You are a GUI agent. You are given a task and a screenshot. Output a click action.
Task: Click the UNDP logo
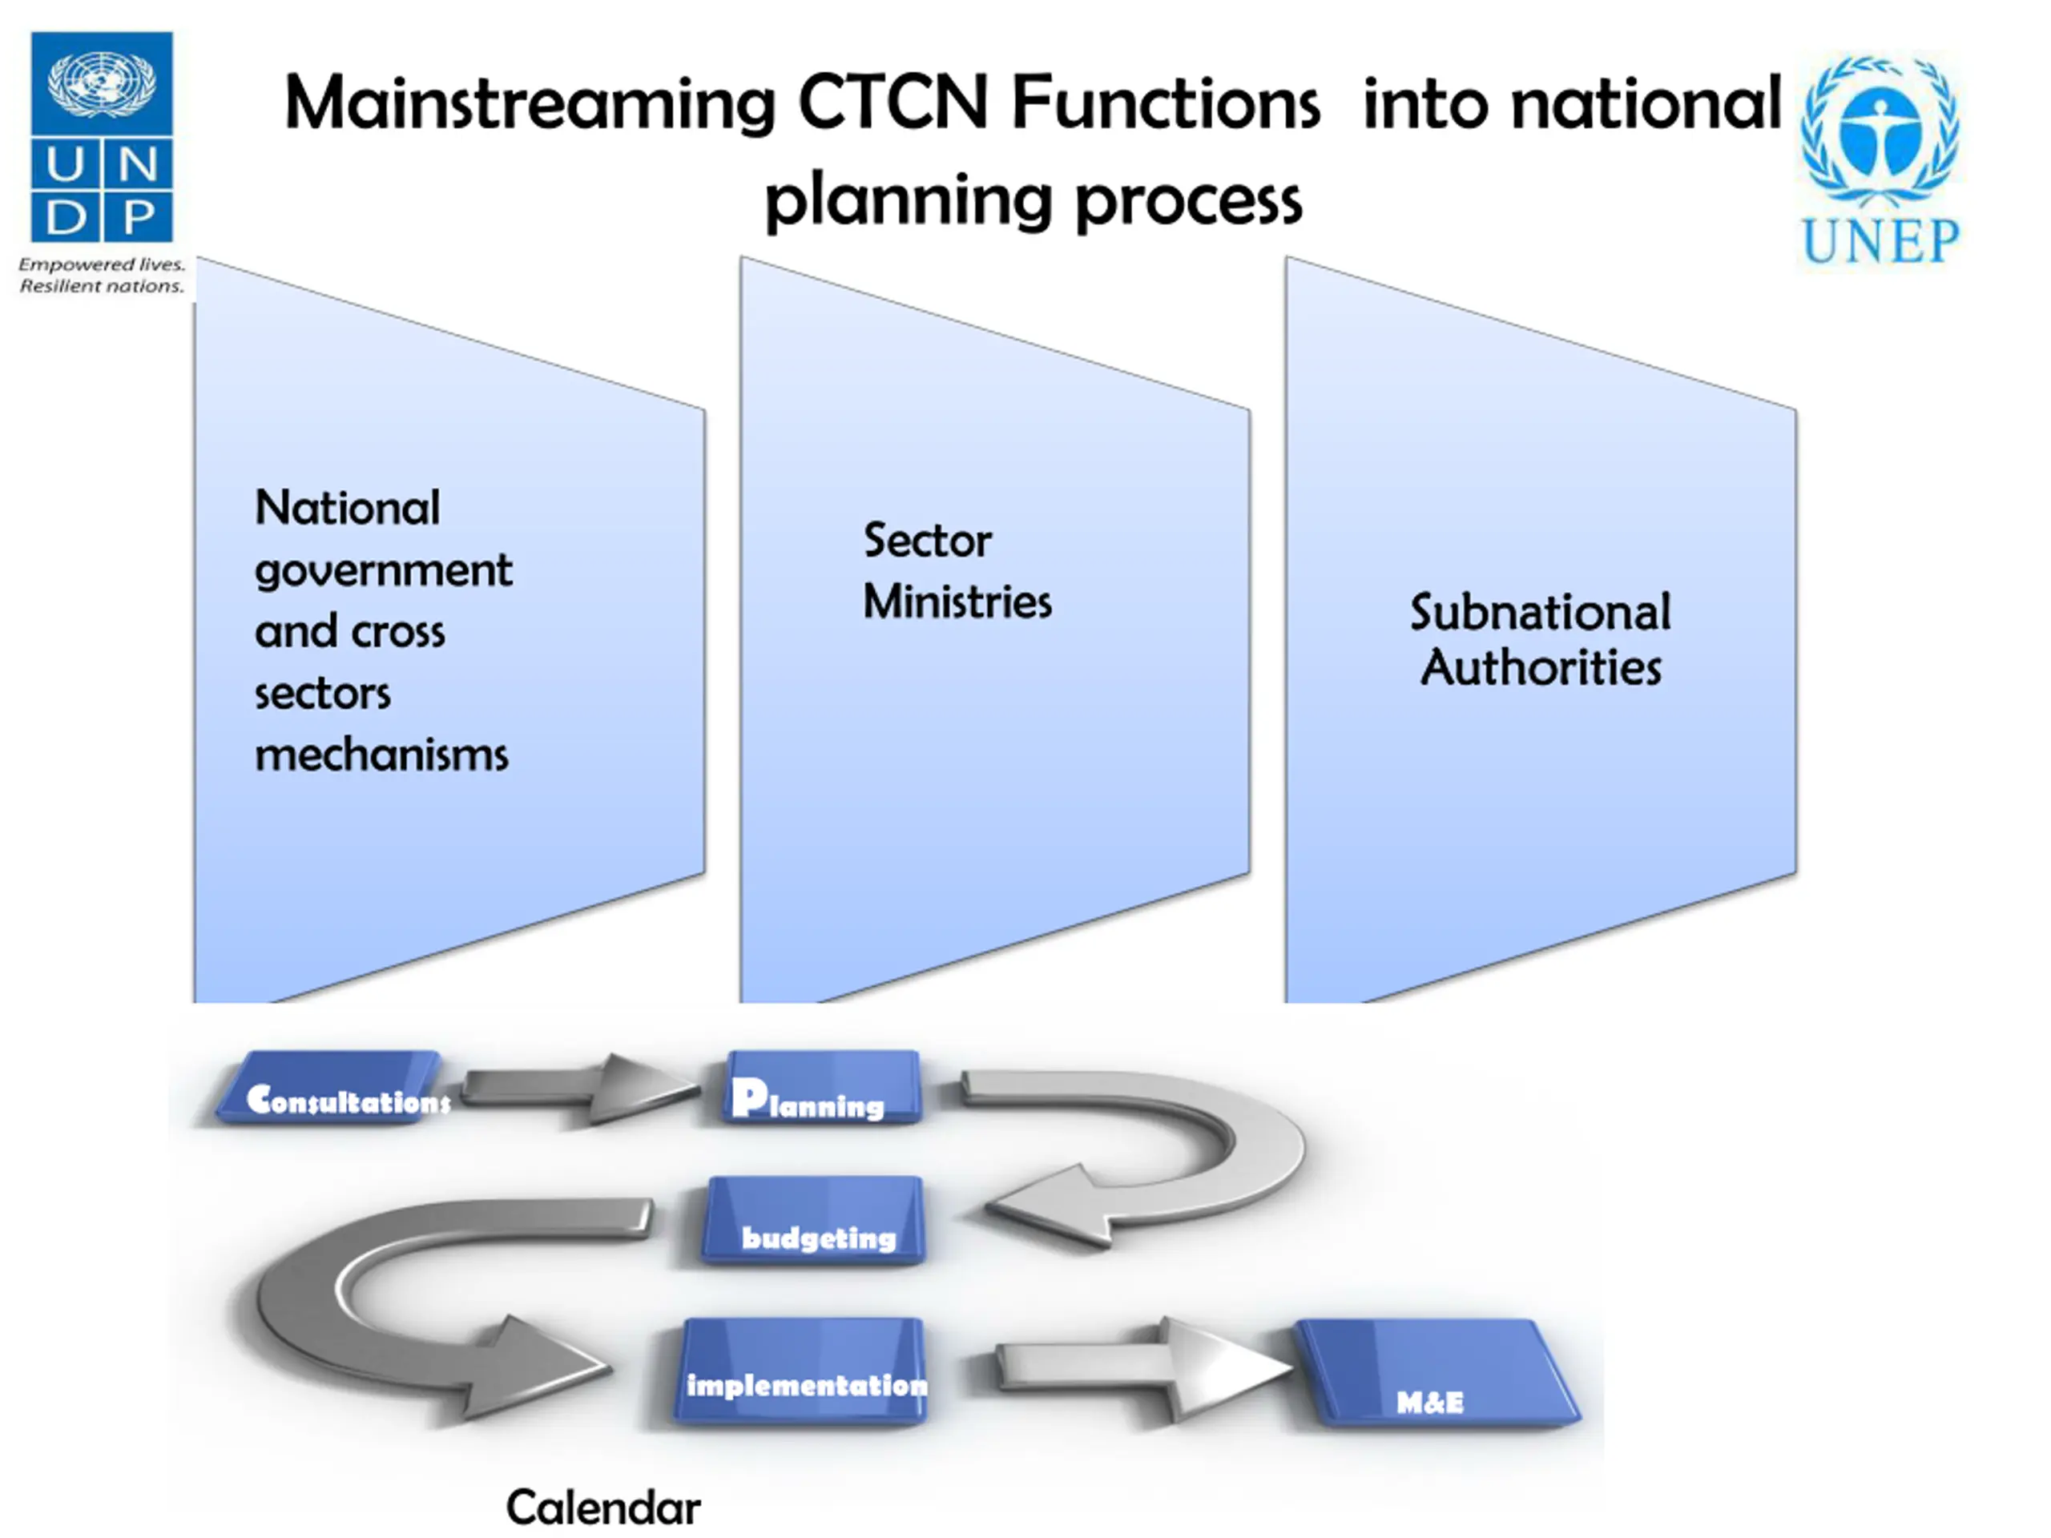(102, 163)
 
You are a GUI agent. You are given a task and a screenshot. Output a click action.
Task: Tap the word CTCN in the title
(893, 103)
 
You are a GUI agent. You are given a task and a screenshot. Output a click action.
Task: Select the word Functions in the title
(1166, 103)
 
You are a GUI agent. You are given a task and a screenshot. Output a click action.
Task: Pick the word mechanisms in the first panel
(381, 755)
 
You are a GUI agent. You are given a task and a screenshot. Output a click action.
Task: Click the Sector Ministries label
(957, 571)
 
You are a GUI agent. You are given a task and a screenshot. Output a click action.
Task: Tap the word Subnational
(1540, 612)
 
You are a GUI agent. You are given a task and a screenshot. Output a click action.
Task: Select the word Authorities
(1540, 667)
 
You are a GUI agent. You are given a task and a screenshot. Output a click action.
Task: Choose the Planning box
(823, 1088)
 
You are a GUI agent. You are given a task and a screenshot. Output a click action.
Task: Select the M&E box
(1437, 1373)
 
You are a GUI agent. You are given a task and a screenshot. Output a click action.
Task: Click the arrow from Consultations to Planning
(578, 1088)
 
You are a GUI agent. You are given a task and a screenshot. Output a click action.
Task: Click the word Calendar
(602, 1508)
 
